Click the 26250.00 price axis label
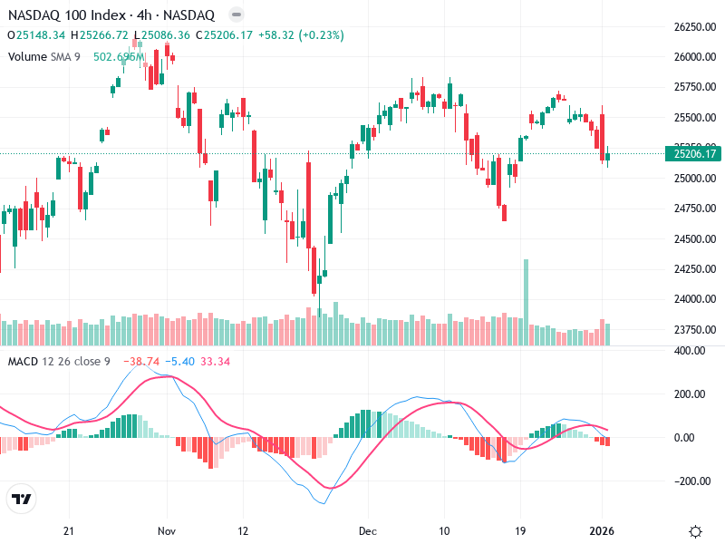[x=694, y=27]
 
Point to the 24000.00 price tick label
[x=694, y=299]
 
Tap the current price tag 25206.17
[x=694, y=154]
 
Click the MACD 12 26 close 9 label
[x=59, y=362]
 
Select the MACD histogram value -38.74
[x=141, y=362]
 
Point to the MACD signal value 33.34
[x=214, y=362]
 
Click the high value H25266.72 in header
[x=103, y=35]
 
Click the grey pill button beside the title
[x=236, y=15]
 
